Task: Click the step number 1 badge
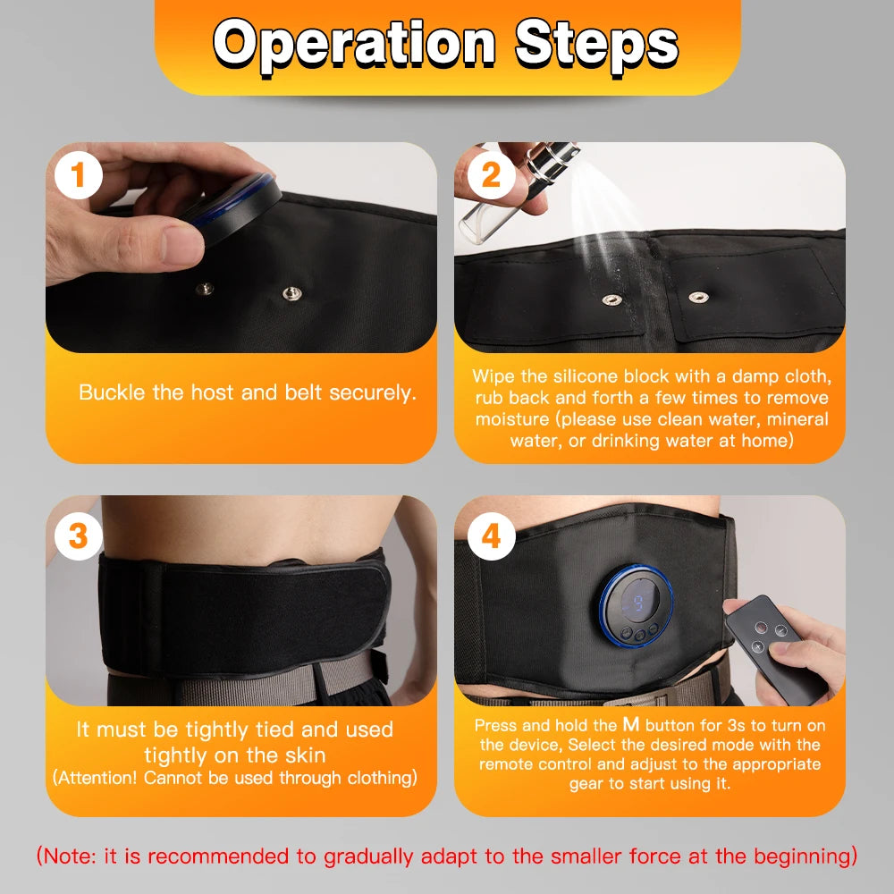point(79,176)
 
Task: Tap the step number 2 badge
point(491,176)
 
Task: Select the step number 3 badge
point(79,536)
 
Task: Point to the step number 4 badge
point(491,536)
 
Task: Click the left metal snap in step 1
point(205,289)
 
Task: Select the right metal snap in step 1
point(290,293)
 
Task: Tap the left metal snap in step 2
point(610,300)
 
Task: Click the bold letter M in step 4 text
point(630,725)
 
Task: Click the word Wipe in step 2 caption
point(493,375)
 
